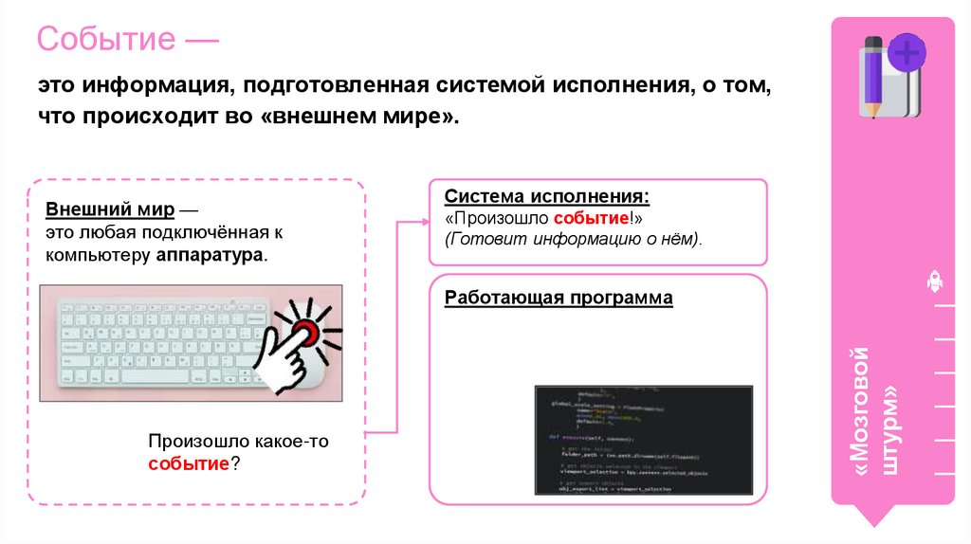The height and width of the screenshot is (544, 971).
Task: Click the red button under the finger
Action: pos(304,333)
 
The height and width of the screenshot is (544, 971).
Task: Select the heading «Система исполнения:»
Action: pos(547,197)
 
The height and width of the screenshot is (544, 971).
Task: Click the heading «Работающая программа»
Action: pos(559,299)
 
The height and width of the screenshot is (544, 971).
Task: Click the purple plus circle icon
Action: pos(907,53)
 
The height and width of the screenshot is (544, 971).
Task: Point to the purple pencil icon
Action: pos(871,76)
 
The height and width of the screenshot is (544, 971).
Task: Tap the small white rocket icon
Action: pos(934,281)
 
